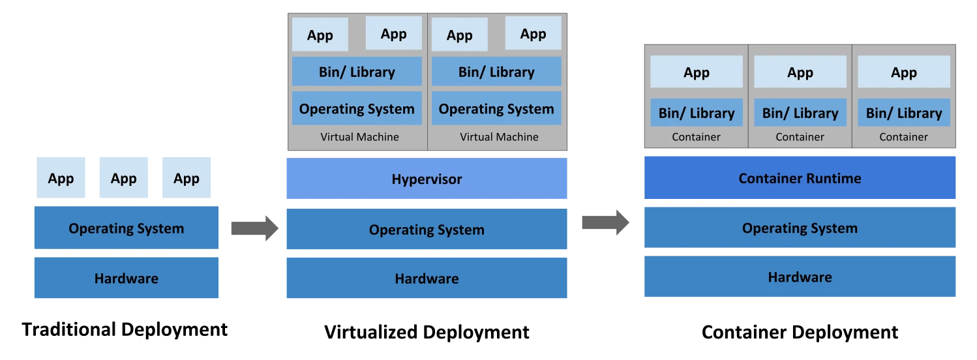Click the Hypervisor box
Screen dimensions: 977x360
(x=427, y=179)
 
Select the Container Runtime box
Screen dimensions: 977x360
(x=800, y=177)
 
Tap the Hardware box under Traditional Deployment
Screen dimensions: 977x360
(x=127, y=278)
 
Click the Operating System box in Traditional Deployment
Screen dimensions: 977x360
(x=127, y=228)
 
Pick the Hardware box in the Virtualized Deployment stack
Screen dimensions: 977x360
(x=427, y=278)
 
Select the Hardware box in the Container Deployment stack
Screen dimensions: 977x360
(x=800, y=277)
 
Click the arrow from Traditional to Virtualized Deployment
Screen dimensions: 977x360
(x=255, y=228)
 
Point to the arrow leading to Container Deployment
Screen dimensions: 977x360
(x=605, y=222)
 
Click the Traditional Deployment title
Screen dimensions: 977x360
(x=125, y=330)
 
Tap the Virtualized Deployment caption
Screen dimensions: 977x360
(x=427, y=333)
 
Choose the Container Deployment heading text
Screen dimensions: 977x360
(x=800, y=333)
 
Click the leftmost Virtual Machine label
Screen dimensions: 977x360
(x=359, y=137)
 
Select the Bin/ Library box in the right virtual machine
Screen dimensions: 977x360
(x=496, y=71)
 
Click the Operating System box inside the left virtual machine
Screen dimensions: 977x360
(x=357, y=108)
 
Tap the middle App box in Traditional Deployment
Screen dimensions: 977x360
(x=124, y=177)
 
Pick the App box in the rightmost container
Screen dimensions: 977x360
(x=904, y=72)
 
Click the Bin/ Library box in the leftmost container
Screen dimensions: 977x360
(x=697, y=113)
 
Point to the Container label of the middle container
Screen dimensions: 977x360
(x=800, y=137)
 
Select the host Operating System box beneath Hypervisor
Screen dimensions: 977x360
(x=427, y=229)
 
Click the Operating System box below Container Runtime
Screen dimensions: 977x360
(x=800, y=228)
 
